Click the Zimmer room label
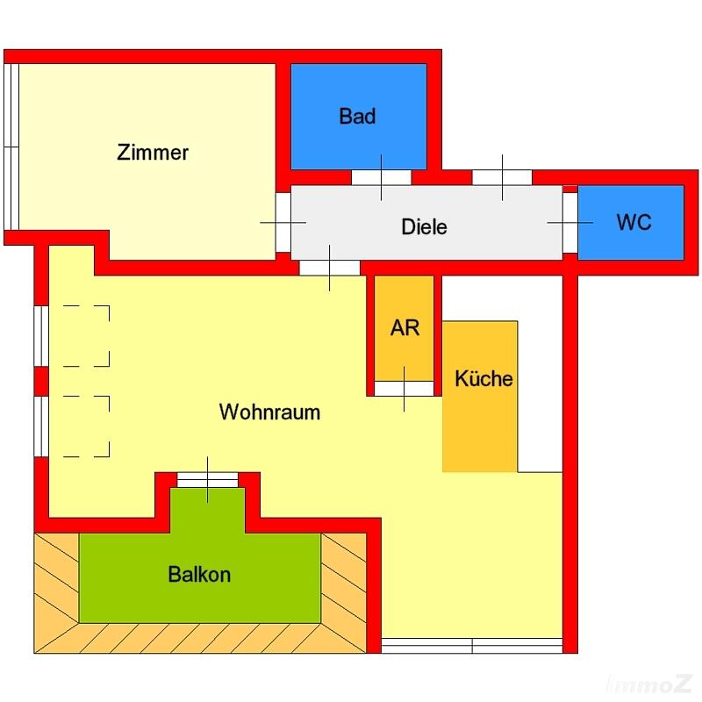tap(153, 152)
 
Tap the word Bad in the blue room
tap(357, 116)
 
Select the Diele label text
tap(424, 226)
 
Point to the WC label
tap(634, 222)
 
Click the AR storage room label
tap(405, 327)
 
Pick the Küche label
tap(484, 379)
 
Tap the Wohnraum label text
tap(269, 412)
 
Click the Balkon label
tap(199, 575)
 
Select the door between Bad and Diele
tap(381, 177)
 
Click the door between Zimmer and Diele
tap(283, 223)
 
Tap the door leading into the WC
tap(569, 223)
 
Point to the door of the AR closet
tap(404, 389)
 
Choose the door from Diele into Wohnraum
tap(329, 268)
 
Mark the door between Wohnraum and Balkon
tap(208, 480)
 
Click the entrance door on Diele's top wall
tap(502, 177)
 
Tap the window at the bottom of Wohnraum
tap(472, 646)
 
